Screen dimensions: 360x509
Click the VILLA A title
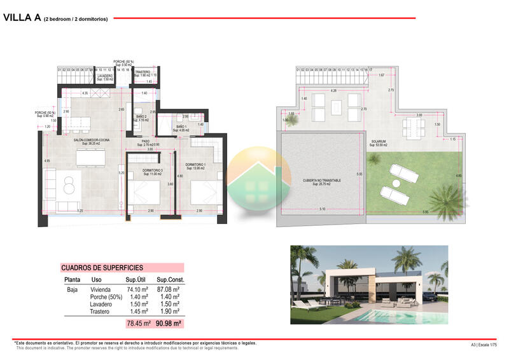tap(22, 18)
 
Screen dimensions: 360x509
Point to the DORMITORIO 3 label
tap(152, 170)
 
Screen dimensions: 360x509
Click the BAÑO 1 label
tap(181, 127)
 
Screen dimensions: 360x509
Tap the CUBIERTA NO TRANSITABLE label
tap(321, 181)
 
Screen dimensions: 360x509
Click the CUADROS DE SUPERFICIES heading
tap(102, 268)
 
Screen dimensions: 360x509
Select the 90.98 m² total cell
tap(169, 324)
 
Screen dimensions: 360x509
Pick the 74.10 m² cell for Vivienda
tap(137, 289)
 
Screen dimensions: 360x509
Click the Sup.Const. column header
tap(170, 280)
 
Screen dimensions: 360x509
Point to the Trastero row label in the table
tap(101, 312)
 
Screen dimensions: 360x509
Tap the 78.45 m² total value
tap(138, 324)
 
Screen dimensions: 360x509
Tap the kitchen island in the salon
tap(89, 156)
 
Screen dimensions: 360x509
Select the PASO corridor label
tap(145, 141)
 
